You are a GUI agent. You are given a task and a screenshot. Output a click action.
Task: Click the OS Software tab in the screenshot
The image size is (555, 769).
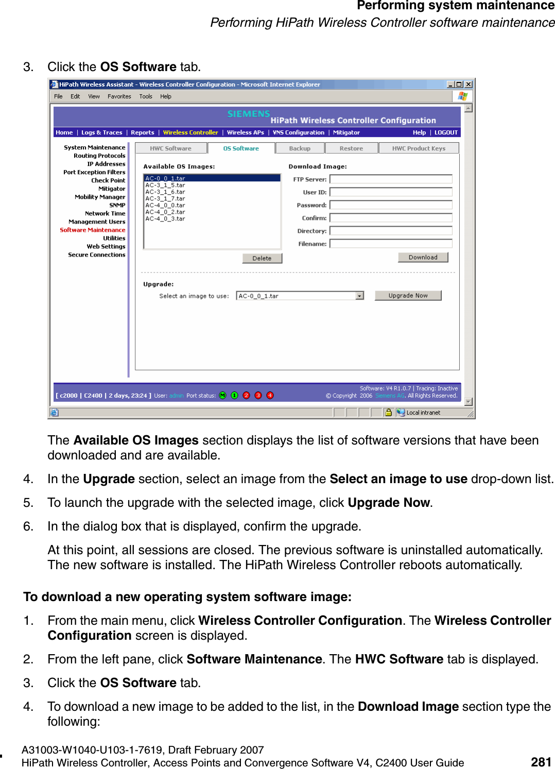[x=241, y=148]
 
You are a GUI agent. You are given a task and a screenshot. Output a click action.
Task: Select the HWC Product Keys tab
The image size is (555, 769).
[x=418, y=148]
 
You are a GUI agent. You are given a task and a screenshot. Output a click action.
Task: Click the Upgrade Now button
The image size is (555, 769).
[x=408, y=296]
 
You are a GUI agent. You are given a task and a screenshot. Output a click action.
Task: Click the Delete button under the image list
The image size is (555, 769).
[x=262, y=259]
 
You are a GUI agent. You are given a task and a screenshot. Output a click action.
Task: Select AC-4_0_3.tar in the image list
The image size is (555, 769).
[x=165, y=219]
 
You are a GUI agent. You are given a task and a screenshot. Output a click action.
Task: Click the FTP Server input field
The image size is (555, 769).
[x=391, y=179]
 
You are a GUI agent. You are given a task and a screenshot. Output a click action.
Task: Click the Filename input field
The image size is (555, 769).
[x=391, y=244]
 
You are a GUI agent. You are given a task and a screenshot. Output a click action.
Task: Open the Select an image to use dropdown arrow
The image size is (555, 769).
[x=359, y=296]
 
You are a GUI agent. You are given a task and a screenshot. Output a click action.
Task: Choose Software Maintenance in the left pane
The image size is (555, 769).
[x=93, y=230]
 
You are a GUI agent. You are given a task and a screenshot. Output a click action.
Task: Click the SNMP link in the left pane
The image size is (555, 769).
[x=117, y=206]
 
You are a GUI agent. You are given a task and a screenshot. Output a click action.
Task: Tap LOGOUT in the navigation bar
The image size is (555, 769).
[x=446, y=133]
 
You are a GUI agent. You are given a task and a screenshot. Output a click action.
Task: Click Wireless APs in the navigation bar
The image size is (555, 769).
[x=246, y=133]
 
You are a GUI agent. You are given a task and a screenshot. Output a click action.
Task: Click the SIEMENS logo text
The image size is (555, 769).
[x=249, y=114]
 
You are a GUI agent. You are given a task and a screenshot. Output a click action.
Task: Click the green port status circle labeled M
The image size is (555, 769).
[x=222, y=396]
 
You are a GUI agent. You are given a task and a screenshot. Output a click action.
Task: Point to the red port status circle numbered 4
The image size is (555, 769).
[x=270, y=396]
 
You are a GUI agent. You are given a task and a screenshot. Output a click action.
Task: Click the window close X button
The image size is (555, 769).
[x=469, y=84]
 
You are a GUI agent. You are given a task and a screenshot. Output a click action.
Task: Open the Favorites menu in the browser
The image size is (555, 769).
[x=119, y=96]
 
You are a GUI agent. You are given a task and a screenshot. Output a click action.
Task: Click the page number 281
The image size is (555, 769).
[x=541, y=762]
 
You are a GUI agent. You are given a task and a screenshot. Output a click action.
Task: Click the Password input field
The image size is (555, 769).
[x=391, y=205]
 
